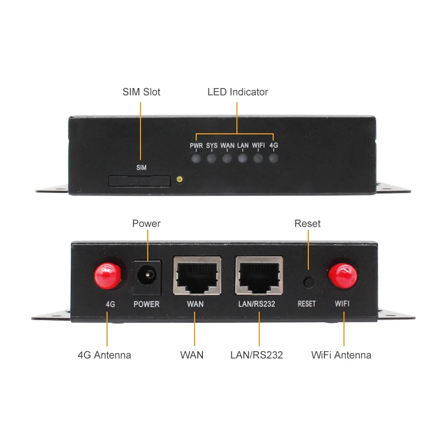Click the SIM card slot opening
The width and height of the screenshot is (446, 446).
(x=139, y=181)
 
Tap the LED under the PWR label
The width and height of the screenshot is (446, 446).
(x=196, y=158)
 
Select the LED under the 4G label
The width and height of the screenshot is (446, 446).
(x=273, y=158)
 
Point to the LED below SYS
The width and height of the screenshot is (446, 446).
(x=211, y=158)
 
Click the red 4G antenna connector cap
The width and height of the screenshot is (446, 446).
(x=108, y=275)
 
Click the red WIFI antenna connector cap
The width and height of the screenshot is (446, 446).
(x=342, y=275)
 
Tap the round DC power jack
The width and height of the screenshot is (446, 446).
(x=147, y=275)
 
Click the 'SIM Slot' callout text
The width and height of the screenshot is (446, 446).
(x=141, y=92)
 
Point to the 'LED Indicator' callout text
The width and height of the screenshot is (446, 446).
(x=237, y=92)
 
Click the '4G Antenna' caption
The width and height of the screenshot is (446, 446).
(x=104, y=355)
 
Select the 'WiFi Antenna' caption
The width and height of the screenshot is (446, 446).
(x=341, y=355)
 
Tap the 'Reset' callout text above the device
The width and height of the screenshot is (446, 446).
(x=307, y=224)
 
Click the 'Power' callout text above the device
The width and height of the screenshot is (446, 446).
(x=146, y=224)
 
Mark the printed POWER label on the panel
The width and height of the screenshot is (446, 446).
(x=147, y=304)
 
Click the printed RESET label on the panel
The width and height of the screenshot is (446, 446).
(x=307, y=304)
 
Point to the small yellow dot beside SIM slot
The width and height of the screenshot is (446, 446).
(x=180, y=180)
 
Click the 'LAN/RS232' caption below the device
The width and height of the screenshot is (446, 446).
(x=256, y=355)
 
